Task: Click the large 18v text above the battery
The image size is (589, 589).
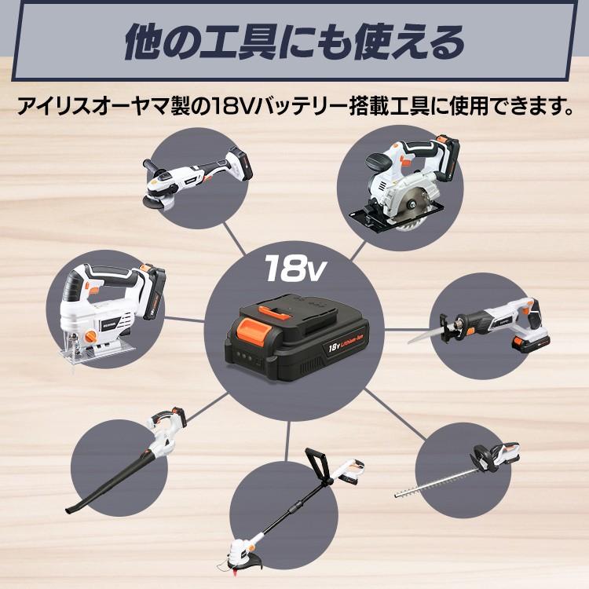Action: [x=291, y=269]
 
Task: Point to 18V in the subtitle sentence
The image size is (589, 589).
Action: [x=233, y=105]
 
